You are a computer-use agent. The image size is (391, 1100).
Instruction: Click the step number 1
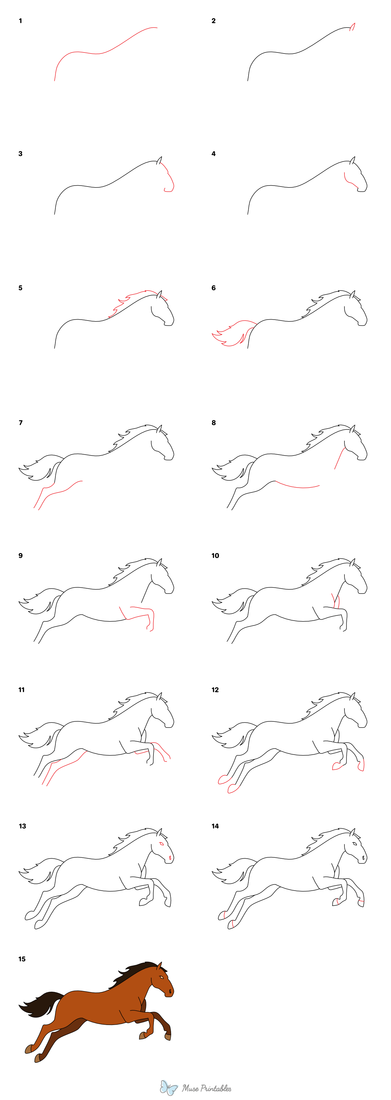tap(20, 21)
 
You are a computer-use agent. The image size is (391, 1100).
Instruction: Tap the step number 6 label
tap(213, 288)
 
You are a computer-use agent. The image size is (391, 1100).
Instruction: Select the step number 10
tap(215, 556)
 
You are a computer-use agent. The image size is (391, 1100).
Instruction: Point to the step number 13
tap(22, 826)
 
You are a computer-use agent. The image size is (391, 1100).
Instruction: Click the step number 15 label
tap(22, 959)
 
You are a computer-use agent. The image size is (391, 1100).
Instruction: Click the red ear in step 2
tap(353, 27)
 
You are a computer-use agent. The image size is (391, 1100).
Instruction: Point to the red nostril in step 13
tap(170, 857)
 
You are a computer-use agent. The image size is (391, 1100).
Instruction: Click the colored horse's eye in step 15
tap(161, 977)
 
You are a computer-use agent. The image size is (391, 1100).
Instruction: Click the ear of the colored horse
tap(159, 966)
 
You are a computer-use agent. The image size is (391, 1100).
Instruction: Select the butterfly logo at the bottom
tap(168, 1087)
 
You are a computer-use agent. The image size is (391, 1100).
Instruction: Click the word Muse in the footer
tap(190, 1088)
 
